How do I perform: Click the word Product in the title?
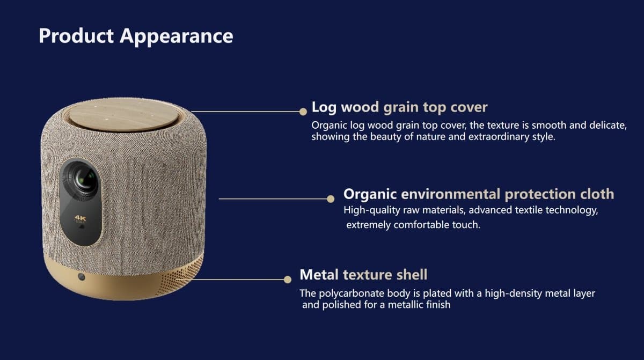76,36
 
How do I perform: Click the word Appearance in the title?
177,37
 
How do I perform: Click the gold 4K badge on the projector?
80,219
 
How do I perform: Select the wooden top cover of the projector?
123,115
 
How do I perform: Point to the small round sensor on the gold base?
82,277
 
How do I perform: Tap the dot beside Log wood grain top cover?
303,112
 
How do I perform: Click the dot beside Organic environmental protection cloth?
331,199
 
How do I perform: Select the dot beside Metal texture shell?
288,280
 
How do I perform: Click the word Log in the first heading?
324,108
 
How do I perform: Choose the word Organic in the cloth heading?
370,195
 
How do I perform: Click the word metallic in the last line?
406,305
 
